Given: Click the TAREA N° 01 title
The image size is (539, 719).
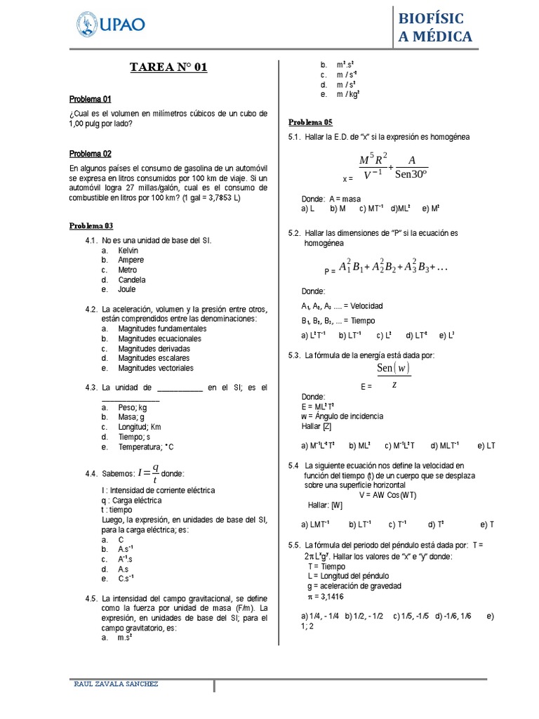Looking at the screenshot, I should [168, 67].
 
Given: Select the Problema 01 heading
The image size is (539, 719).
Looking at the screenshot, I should [90, 99].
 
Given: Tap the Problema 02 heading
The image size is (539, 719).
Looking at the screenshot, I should [90, 154].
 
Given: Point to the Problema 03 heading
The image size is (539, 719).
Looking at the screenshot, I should [91, 225].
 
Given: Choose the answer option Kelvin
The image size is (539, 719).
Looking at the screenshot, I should [128, 250].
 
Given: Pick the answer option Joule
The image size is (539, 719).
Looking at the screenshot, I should [127, 289].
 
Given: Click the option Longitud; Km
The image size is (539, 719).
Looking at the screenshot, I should [140, 426].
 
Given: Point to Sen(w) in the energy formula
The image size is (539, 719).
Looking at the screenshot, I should [393, 368].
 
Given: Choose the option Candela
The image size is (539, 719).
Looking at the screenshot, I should [132, 279].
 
